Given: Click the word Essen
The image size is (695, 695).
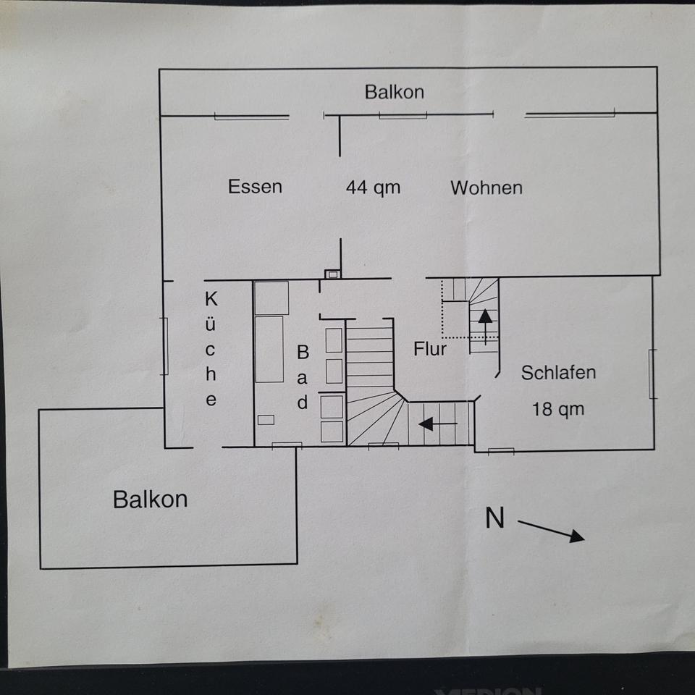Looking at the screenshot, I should (255, 187).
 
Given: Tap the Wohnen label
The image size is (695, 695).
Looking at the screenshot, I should (486, 188).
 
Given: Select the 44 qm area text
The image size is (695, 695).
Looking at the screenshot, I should (373, 188).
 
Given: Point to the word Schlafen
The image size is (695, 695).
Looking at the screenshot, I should (559, 373).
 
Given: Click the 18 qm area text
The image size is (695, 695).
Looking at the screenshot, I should (557, 409).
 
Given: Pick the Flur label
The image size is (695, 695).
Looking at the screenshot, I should (430, 349).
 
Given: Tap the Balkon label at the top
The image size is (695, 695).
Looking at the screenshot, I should (395, 92).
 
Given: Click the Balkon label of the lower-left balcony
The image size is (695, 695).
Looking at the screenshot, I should (150, 499).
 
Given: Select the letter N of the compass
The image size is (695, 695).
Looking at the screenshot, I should (495, 518).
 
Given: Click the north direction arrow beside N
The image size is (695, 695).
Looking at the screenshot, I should (551, 531).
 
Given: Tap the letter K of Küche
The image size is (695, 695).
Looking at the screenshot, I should (211, 298).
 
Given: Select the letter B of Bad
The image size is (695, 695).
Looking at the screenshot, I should (303, 353).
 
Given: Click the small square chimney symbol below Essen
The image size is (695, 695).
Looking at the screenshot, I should (332, 274).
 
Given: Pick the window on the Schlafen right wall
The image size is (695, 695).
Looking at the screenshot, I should (652, 373).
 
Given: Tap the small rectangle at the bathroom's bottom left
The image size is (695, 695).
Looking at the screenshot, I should (266, 419).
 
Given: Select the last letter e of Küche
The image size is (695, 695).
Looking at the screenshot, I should (211, 400).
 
